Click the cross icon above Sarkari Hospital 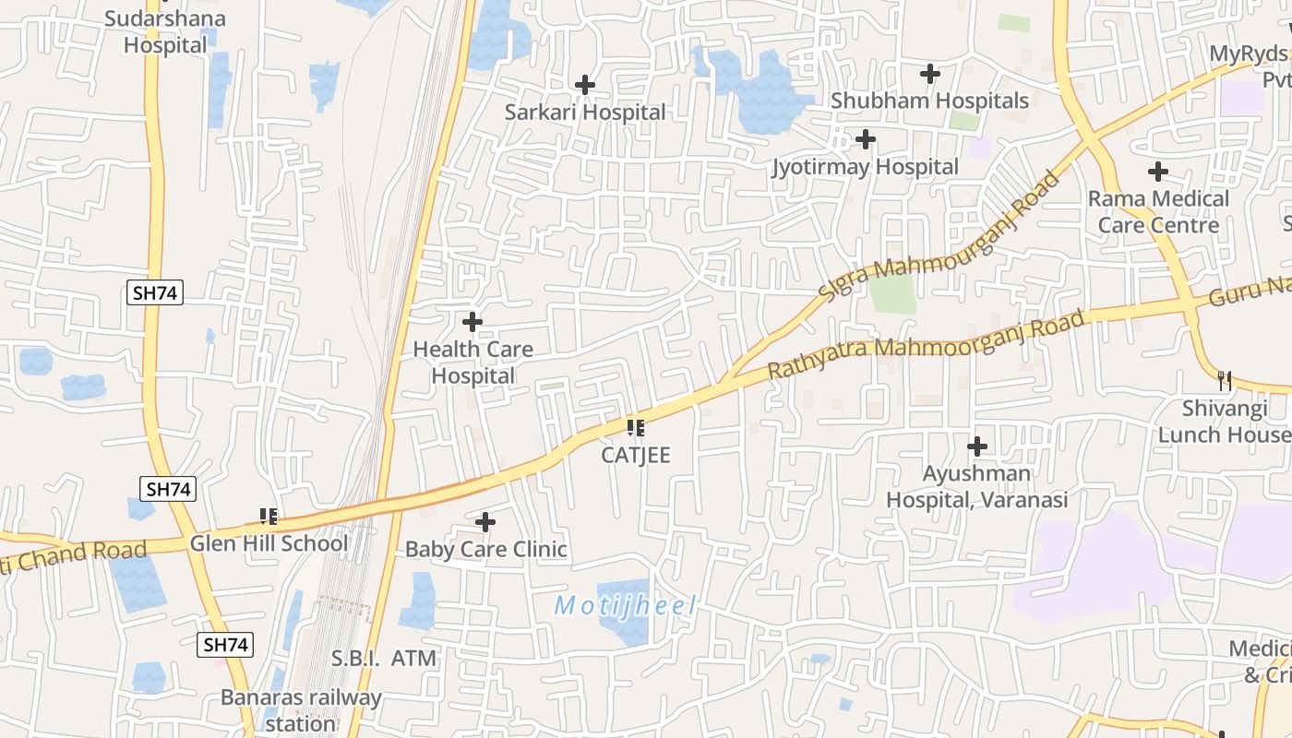tap(584, 85)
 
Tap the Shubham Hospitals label tap(929, 101)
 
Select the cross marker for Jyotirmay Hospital tap(865, 139)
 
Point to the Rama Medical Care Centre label tap(1158, 212)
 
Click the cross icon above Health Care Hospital tap(472, 322)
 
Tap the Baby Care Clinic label tap(485, 550)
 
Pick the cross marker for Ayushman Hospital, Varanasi tap(976, 447)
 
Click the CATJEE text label tap(635, 456)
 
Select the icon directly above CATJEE tap(635, 428)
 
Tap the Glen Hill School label tap(269, 543)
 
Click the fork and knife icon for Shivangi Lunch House tap(1224, 379)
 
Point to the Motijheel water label tap(625, 606)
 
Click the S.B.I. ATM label tap(384, 659)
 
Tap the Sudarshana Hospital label tap(165, 31)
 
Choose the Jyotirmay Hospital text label tap(865, 167)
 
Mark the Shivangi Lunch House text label tap(1224, 422)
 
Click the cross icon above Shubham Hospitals tap(929, 73)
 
